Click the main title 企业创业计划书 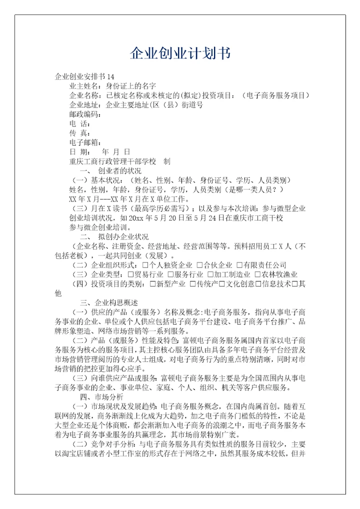(x=180, y=53)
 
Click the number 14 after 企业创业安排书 (x=110, y=76)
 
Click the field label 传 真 (x=79, y=133)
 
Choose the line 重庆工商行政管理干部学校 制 (x=119, y=161)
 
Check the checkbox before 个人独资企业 (x=145, y=265)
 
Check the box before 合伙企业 (x=199, y=265)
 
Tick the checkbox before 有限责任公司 (x=239, y=265)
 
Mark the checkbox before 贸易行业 (x=131, y=274)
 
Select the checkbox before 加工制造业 (x=210, y=274)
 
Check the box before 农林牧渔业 (x=257, y=274)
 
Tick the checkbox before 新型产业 (x=153, y=284)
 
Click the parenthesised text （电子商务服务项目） (x=275, y=95)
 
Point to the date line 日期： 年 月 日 (x=99, y=152)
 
